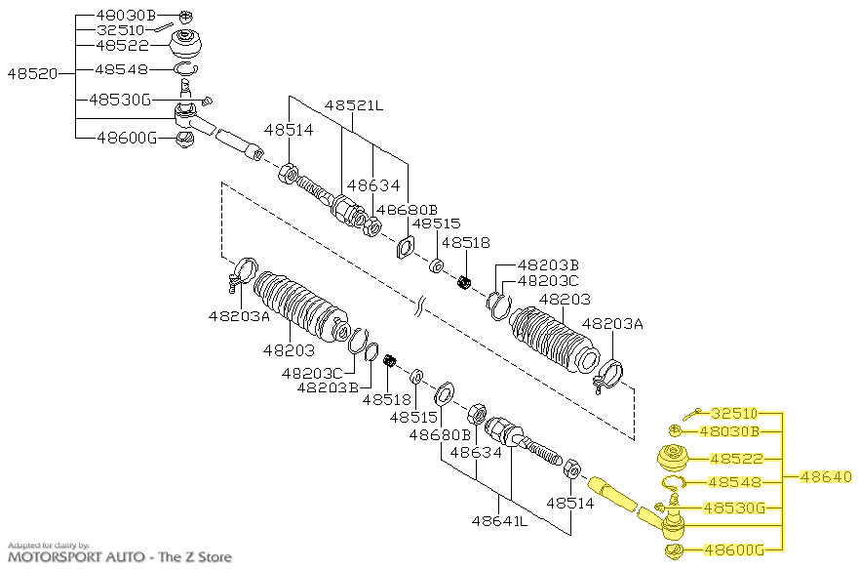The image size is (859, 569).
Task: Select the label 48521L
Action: point(354,103)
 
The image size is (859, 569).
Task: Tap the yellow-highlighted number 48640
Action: point(826,477)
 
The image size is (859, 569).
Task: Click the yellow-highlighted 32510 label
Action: point(733,413)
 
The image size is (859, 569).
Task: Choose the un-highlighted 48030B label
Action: point(126,16)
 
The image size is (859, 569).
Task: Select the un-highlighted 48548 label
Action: point(122,69)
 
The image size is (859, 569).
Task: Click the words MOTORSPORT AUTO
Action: point(70,557)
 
